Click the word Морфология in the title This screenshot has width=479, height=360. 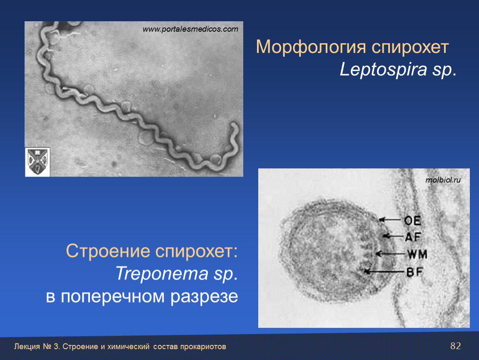click(x=311, y=47)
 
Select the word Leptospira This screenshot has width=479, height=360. click(x=383, y=69)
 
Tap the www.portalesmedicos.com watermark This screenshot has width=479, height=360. click(x=190, y=29)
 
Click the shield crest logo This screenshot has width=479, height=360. click(x=37, y=162)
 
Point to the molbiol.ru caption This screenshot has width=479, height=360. click(x=443, y=180)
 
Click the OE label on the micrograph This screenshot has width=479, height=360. click(x=413, y=220)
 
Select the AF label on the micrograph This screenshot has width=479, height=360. click(x=413, y=237)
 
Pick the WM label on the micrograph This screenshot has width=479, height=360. click(x=417, y=254)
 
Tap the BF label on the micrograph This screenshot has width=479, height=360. click(x=414, y=272)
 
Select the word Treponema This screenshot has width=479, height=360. click(x=162, y=273)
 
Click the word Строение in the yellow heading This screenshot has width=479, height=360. click(x=108, y=251)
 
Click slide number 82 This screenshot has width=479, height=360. click(x=456, y=346)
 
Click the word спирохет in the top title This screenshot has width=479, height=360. click(x=410, y=47)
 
